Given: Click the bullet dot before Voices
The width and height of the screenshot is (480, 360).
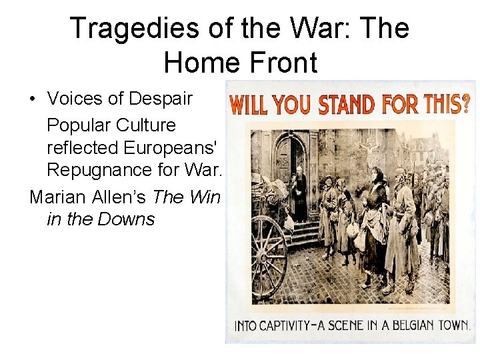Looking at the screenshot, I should click(x=32, y=99).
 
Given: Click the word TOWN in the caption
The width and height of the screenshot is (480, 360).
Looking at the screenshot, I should click(x=453, y=326).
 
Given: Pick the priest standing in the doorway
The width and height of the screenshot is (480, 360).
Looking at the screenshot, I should click(x=299, y=193).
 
